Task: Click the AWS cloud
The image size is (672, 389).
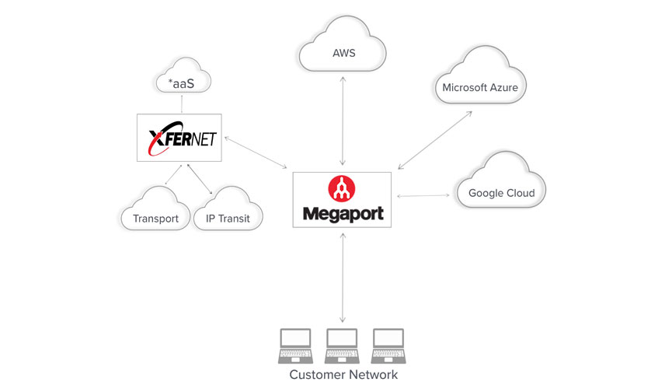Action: [343, 50]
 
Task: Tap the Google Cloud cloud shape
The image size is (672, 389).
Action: [501, 187]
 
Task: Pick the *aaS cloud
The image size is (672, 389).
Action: [181, 80]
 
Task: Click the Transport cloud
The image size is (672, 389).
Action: [155, 214]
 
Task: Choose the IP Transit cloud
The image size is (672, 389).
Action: [228, 214]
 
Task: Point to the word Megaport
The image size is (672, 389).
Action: [343, 212]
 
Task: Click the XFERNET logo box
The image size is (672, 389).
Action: [179, 138]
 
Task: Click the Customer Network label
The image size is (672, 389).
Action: [343, 375]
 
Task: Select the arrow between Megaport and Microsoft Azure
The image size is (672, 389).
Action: [434, 140]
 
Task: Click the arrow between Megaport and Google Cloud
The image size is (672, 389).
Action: [423, 195]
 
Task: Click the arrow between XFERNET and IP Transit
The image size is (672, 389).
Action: [197, 178]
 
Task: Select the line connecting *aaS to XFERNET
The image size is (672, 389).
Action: [182, 105]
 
